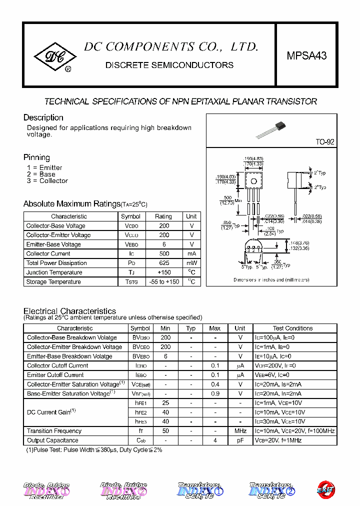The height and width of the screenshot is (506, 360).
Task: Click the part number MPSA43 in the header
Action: pyautogui.click(x=306, y=56)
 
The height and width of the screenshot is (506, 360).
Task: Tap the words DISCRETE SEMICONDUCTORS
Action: pyautogui.click(x=169, y=65)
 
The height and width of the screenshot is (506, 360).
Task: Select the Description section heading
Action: pyautogui.click(x=43, y=117)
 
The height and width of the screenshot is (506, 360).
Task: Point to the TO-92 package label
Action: pyautogui.click(x=324, y=142)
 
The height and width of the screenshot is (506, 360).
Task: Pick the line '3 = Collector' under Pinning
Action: pyautogui.click(x=47, y=181)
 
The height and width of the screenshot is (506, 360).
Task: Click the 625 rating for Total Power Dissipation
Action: pyautogui.click(x=163, y=263)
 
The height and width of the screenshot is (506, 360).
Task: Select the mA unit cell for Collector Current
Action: pyautogui.click(x=191, y=253)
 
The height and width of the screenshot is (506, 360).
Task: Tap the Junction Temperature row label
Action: pyautogui.click(x=54, y=272)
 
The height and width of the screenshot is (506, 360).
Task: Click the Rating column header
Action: pyautogui.click(x=163, y=216)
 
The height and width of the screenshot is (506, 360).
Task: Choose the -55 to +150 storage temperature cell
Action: pyautogui.click(x=163, y=282)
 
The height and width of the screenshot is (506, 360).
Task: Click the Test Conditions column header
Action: pyautogui.click(x=292, y=328)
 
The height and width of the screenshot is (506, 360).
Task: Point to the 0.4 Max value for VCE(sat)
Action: pyautogui.click(x=215, y=384)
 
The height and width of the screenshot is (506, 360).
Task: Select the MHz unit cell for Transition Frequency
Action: pyautogui.click(x=240, y=431)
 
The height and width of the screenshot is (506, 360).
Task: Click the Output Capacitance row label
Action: pyautogui.click(x=52, y=440)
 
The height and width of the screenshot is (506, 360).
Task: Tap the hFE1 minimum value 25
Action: pyautogui.click(x=165, y=403)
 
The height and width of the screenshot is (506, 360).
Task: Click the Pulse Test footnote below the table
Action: pyautogui.click(x=94, y=450)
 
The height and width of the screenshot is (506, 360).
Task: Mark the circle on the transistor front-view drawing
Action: pyautogui.click(x=253, y=181)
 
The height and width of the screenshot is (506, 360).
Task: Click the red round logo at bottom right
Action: pyautogui.click(x=326, y=490)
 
